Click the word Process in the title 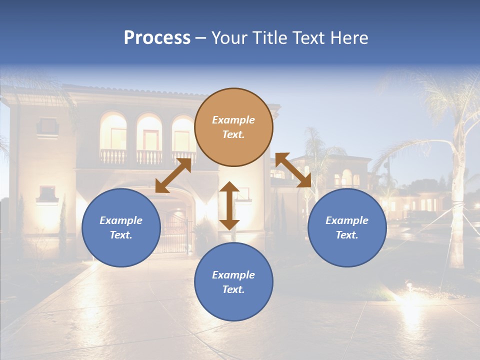tap(157, 38)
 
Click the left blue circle tap(121, 227)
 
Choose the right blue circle tap(347, 227)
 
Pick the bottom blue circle tap(233, 282)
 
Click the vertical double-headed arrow tap(229, 205)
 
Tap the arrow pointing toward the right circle tap(293, 170)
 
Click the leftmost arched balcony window tap(113, 132)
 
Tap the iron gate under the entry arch tap(173, 232)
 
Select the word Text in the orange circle tap(233, 134)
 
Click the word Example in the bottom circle tap(233, 275)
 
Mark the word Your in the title tap(228, 38)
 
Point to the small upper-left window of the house tap(47, 126)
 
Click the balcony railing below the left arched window tap(113, 156)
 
